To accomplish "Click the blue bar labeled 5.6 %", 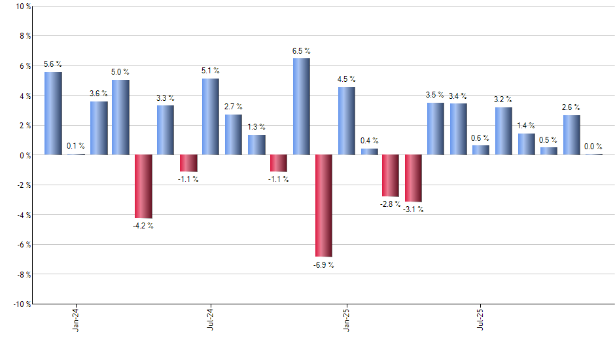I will (53, 113).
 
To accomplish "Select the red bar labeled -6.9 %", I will (323, 206).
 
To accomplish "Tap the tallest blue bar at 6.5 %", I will (301, 106).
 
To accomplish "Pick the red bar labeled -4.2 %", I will (143, 186).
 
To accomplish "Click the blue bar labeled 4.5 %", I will (347, 121).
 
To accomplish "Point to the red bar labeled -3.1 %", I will (413, 178).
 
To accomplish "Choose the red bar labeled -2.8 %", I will (391, 175).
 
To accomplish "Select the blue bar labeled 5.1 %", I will (211, 117).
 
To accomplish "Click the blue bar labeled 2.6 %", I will (571, 135).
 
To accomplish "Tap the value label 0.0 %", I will (593, 147).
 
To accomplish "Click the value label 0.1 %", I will (75, 146).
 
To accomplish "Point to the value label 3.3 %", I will (166, 98).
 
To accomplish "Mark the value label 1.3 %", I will (256, 127).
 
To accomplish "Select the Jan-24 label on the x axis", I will (76, 319).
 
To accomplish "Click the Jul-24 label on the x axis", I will (211, 319).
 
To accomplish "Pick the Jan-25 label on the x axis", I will (346, 319).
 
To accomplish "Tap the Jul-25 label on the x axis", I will (481, 319).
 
